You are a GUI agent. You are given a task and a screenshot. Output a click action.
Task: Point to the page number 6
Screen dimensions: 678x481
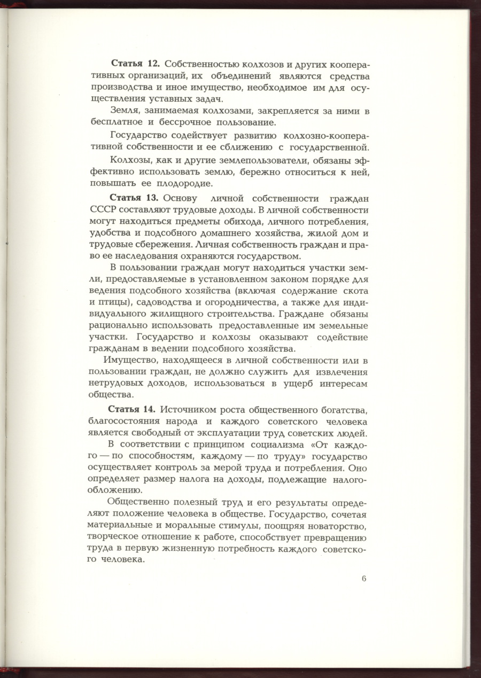click(x=363, y=579)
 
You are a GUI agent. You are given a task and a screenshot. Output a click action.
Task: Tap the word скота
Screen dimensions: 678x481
click(x=357, y=291)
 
